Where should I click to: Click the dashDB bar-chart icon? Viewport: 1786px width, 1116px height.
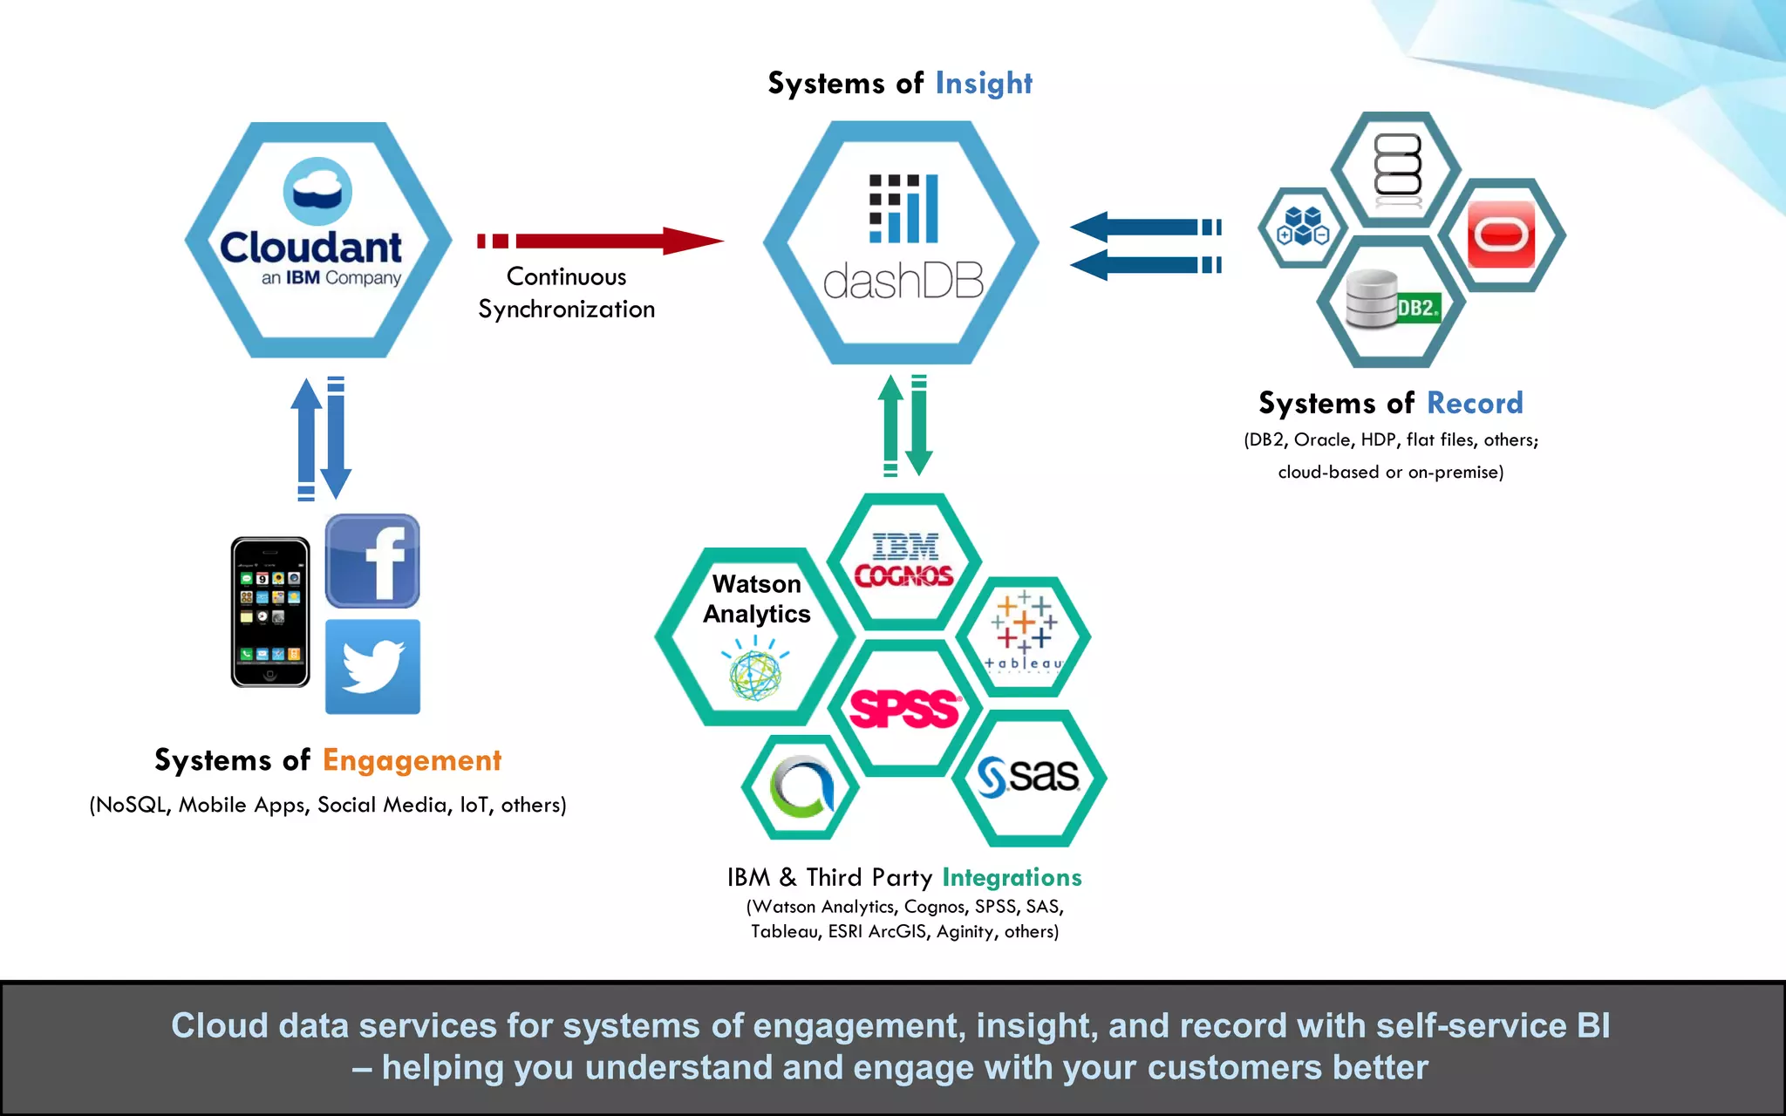point(903,209)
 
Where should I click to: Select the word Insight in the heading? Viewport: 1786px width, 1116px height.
point(984,84)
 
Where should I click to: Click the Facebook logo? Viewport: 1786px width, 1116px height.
point(372,561)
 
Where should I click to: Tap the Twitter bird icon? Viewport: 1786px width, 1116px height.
point(372,667)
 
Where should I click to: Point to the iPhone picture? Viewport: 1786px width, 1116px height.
point(270,612)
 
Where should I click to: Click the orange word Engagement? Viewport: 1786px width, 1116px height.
point(412,760)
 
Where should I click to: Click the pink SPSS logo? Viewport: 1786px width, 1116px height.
point(904,708)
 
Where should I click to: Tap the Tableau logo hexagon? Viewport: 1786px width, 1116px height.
point(1024,635)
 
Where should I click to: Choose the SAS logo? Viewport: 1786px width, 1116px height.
point(1029,776)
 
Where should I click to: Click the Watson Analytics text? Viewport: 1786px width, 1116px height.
point(756,599)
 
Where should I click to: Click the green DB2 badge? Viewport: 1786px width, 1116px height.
point(1418,308)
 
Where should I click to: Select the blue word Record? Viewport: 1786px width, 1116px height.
point(1475,403)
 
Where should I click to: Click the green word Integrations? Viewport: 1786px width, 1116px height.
point(1012,877)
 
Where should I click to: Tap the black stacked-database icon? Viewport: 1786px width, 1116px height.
point(1398,166)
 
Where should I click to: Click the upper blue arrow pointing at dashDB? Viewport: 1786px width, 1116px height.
point(1142,228)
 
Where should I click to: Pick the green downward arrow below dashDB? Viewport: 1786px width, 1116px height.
point(919,427)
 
